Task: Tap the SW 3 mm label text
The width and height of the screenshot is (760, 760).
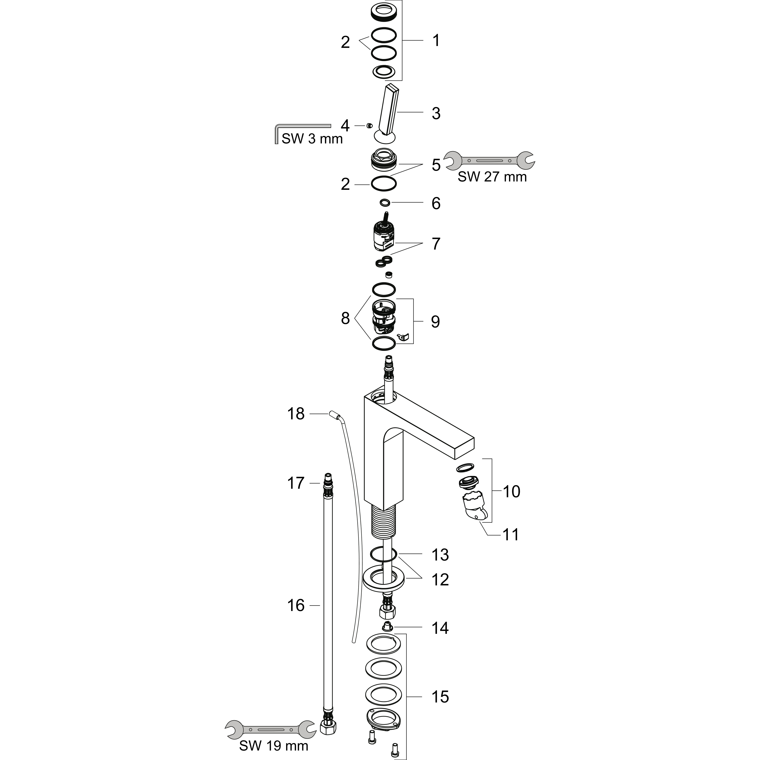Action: tap(312, 139)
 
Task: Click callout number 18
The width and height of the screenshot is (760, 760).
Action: tap(296, 414)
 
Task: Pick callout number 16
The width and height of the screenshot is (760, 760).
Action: tap(296, 605)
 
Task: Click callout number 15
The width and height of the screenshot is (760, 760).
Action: tap(440, 697)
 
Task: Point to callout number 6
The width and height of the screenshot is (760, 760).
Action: tap(436, 203)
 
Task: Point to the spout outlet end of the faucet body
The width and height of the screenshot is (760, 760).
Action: tap(464, 448)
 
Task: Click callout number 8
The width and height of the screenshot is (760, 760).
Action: tap(345, 318)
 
